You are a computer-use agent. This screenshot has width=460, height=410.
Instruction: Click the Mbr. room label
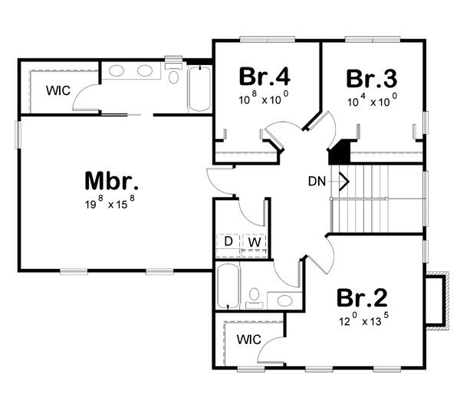[112, 182]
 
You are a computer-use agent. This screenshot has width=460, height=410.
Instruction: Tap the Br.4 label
[264, 77]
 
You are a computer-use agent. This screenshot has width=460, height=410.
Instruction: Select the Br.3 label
[372, 78]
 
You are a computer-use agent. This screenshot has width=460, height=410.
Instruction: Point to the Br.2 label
[361, 297]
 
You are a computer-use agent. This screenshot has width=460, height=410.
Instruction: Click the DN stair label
[317, 182]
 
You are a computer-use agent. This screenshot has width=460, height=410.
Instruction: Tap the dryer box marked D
[228, 242]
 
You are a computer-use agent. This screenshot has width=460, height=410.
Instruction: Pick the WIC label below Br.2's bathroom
[248, 338]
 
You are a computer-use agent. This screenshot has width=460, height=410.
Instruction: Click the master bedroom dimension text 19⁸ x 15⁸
[112, 205]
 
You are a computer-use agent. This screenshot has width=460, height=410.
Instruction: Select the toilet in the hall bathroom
[255, 297]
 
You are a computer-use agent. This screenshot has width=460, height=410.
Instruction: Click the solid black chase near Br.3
[340, 150]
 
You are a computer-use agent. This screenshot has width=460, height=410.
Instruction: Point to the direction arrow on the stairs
[344, 182]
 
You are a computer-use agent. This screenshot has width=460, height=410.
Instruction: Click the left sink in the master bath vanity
[117, 72]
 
